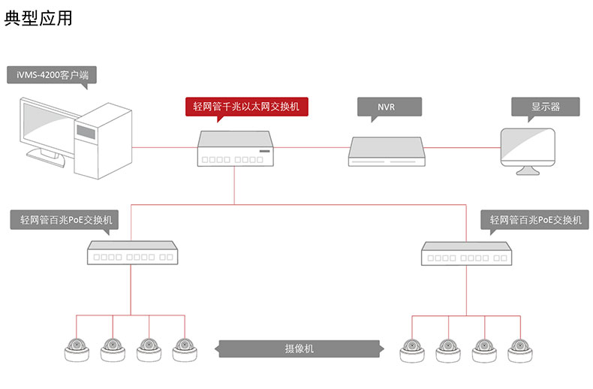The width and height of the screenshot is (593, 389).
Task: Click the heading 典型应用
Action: point(38,19)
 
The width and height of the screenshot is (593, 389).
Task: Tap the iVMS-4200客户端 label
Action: point(52,75)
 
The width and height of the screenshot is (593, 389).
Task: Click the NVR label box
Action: point(387,107)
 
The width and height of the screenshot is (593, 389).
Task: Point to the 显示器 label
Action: point(546,107)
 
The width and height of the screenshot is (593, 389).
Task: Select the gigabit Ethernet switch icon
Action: point(233,148)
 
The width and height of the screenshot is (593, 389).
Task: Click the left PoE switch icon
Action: point(131,253)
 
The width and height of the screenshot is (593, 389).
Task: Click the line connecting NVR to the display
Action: point(462,149)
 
